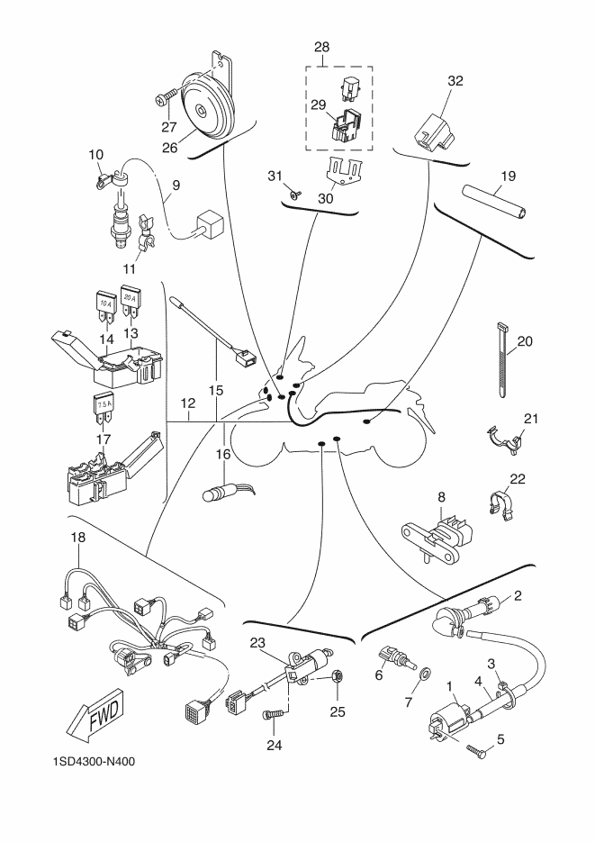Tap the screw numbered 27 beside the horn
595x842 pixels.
coord(167,97)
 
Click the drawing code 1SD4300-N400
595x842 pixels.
coord(94,761)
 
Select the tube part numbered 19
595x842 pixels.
coord(495,201)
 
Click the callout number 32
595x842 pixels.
coord(455,81)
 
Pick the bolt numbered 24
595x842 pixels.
coord(273,715)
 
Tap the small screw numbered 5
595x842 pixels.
coord(476,749)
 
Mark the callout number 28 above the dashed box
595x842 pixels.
coord(322,47)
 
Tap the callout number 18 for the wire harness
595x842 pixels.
coord(77,537)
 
